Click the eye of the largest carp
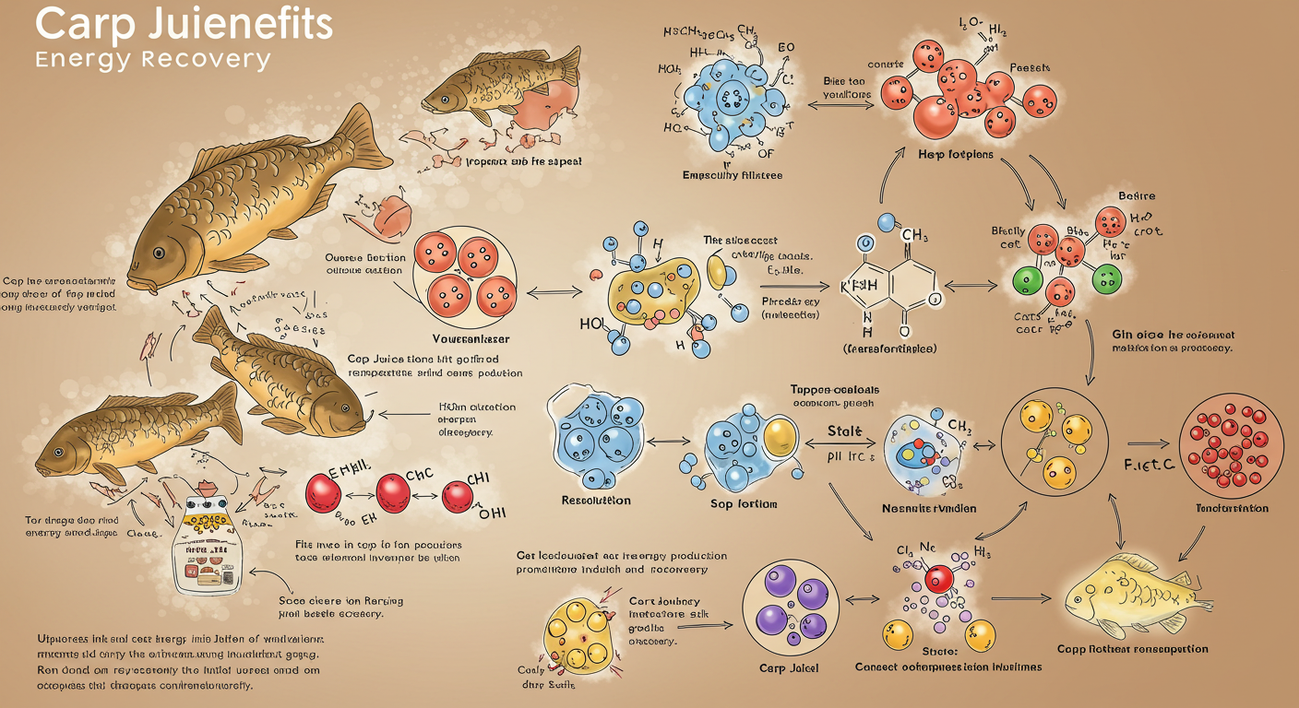click(159, 252)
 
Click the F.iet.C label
click(1148, 465)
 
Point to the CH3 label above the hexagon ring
click(914, 237)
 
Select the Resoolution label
click(596, 501)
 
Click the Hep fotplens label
click(957, 154)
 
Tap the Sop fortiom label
click(745, 504)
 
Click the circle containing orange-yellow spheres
click(1051, 438)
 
